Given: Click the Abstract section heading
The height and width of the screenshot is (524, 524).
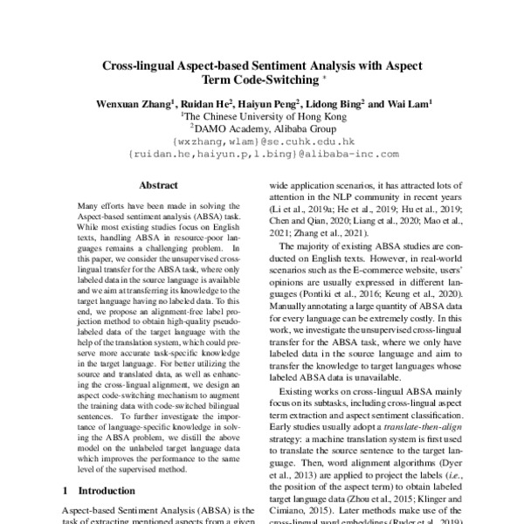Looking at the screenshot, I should (x=158, y=185).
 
